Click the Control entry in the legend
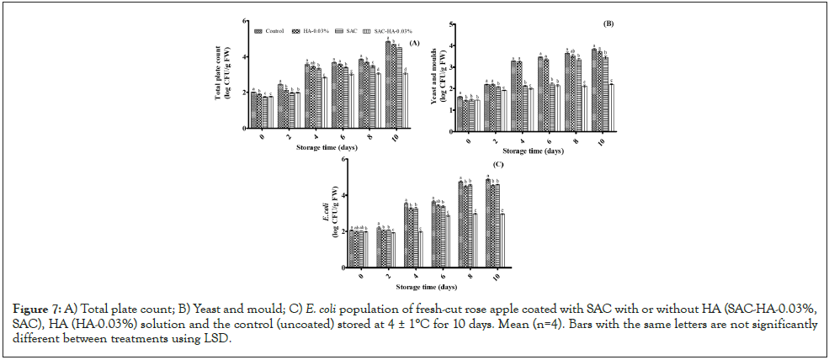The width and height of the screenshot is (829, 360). (274, 31)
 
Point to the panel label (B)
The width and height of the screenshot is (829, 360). (608, 23)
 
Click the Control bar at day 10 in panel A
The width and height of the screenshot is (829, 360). (388, 85)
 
